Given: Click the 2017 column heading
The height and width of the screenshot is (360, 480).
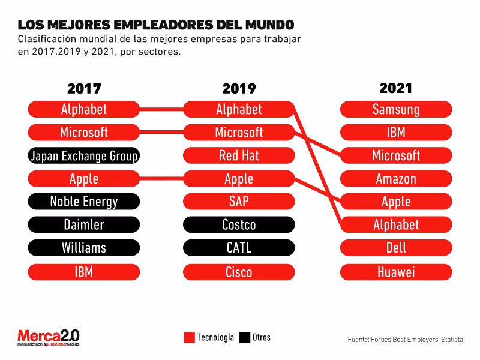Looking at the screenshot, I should tap(84, 89).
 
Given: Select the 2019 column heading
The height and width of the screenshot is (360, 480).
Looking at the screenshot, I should tap(239, 89).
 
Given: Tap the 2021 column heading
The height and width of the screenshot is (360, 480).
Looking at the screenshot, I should tap(396, 88).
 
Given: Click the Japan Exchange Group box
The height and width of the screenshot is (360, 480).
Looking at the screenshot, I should tap(84, 156).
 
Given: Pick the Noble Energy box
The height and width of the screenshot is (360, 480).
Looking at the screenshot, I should tap(84, 202).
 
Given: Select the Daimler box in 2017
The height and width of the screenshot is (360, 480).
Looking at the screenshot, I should tap(84, 225).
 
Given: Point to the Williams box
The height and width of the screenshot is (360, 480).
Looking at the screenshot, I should tap(84, 248).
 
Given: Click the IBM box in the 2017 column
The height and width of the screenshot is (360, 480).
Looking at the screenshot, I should tap(84, 272).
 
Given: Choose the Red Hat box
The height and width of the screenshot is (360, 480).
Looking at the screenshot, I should tap(239, 156).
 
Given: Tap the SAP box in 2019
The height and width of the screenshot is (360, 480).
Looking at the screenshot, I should tap(239, 202).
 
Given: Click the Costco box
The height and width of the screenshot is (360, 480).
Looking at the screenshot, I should tap(239, 225).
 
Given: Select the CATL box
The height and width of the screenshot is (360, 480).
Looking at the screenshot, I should tap(239, 248).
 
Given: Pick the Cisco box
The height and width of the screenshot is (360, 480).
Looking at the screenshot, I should tap(239, 272).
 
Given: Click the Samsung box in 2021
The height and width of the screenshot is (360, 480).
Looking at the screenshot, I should tap(396, 109).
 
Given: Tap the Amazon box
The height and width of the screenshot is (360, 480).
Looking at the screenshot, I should tap(396, 179).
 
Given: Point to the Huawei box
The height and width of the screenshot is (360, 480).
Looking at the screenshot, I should tap(396, 272).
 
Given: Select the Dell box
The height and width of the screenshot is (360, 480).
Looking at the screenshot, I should tap(396, 248).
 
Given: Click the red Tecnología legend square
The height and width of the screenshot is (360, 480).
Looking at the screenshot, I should tap(189, 337).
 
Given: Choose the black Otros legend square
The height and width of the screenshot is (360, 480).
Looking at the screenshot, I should tap(244, 337).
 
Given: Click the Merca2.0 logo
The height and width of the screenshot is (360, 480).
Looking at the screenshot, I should tap(48, 337).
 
